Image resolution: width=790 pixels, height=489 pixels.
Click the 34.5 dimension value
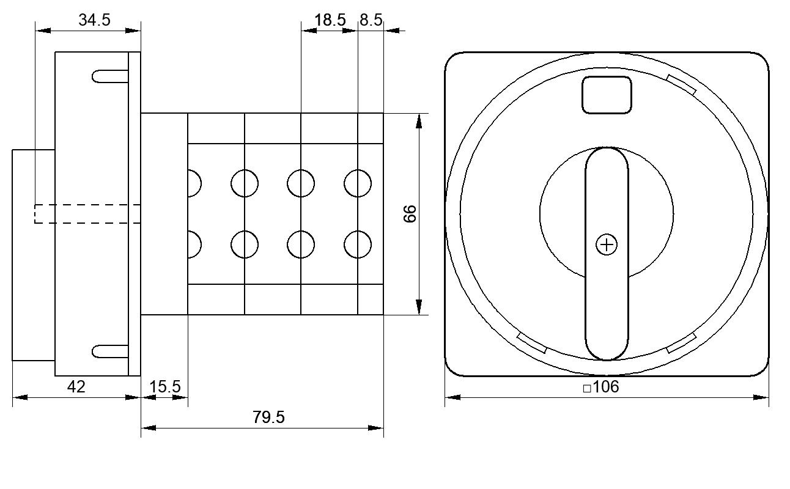click(x=94, y=20)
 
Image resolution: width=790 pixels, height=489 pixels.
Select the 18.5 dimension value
click(x=330, y=20)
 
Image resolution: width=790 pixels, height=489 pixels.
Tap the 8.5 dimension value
click(x=371, y=20)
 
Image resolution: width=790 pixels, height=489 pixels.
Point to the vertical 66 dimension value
click(x=410, y=214)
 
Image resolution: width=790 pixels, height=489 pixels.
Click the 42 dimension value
click(x=76, y=387)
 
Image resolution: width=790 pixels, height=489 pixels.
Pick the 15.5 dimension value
click(x=165, y=386)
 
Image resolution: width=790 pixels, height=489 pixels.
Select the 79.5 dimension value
click(x=268, y=417)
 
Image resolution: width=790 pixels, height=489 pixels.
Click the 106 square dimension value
click(x=606, y=387)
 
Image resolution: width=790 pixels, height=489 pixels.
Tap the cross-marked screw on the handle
click(x=607, y=244)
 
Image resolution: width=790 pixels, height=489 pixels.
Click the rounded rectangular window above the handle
click(x=607, y=95)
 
